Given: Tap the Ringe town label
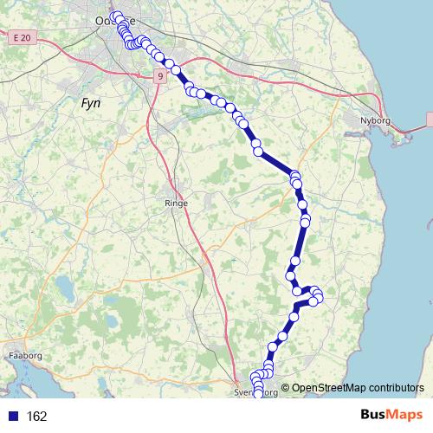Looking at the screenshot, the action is click(176, 203).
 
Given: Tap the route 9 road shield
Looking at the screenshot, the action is click(161, 76).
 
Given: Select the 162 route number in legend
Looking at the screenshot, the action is click(36, 417).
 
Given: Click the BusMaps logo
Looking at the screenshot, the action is click(391, 416).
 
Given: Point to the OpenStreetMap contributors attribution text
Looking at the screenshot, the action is click(358, 388).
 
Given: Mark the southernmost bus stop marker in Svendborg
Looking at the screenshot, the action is click(258, 395).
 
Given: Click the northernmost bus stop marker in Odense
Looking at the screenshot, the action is click(115, 16).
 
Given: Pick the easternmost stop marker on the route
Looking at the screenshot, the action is click(319, 298).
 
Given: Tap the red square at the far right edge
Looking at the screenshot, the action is click(430, 121).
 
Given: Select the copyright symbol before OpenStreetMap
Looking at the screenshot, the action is click(285, 388).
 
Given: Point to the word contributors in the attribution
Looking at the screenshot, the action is click(394, 388).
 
